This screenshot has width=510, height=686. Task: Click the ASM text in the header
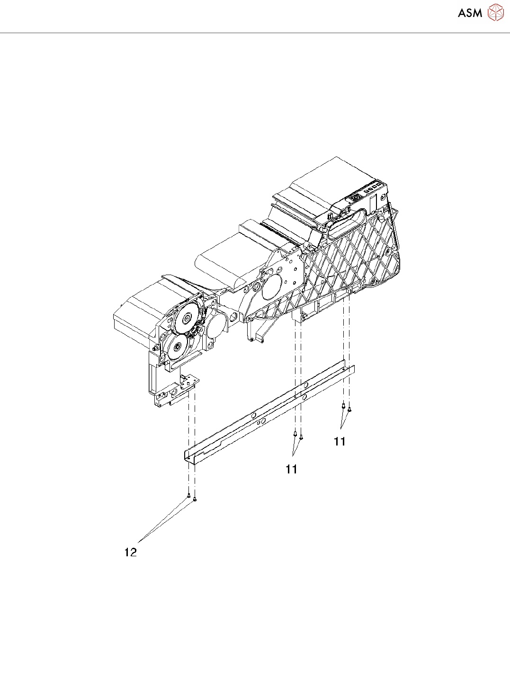(x=470, y=13)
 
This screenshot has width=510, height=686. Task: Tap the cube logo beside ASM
(x=495, y=12)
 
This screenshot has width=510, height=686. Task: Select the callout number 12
(x=131, y=552)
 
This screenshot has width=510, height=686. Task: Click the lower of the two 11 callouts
(x=291, y=469)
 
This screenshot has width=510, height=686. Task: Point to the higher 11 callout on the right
(x=340, y=441)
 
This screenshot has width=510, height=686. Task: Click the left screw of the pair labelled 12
(x=189, y=496)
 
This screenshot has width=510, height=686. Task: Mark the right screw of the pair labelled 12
(x=195, y=499)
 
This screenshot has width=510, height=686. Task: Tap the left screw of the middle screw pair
(x=295, y=433)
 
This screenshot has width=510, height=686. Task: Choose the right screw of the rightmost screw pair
(x=349, y=409)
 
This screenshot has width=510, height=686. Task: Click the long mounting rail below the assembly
(x=270, y=412)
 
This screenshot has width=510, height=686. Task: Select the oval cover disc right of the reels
(x=215, y=326)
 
